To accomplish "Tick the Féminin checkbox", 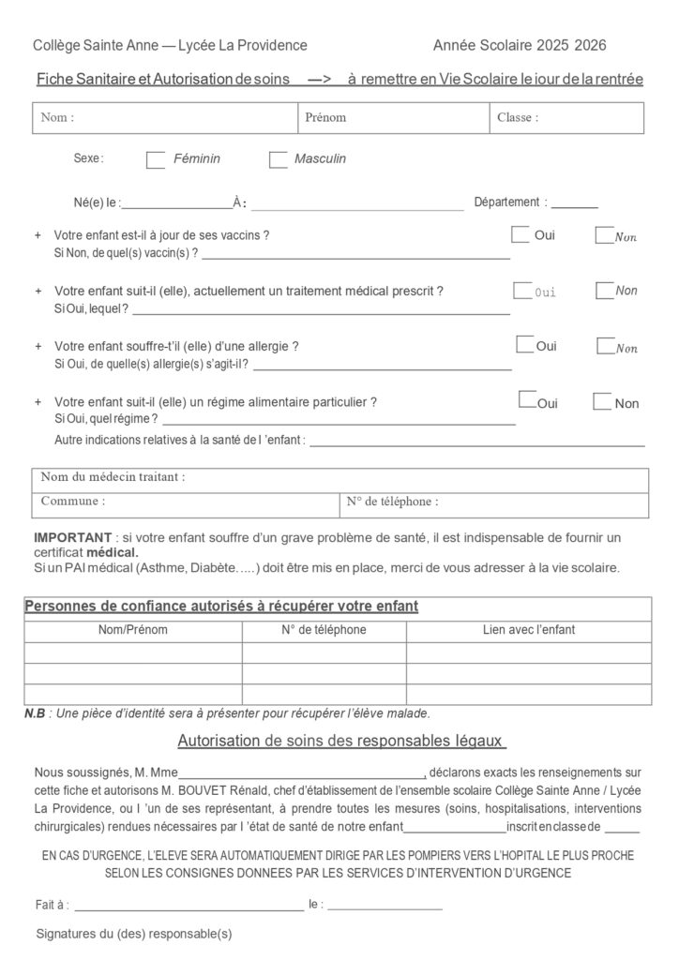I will tap(156, 160).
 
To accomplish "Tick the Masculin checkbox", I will tap(278, 160).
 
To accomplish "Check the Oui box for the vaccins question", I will tap(520, 234).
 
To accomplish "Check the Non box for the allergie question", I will tap(605, 347).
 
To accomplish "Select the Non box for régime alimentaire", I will tap(602, 402).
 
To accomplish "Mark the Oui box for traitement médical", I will tap(521, 291).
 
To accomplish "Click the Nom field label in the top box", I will tap(57, 118).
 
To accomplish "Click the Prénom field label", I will tap(325, 118).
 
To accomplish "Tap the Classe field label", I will tap(517, 118).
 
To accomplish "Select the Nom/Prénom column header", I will tap(132, 630).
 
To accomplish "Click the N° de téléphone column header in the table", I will tap(324, 630).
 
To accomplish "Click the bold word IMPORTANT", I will tap(72, 537).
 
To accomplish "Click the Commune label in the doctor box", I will tap(72, 502).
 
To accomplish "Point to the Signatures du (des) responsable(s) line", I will tap(133, 934).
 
